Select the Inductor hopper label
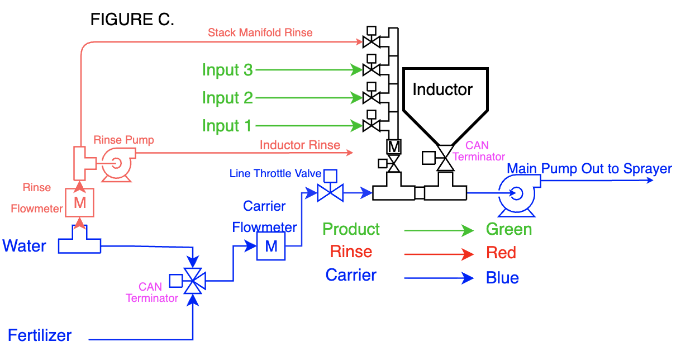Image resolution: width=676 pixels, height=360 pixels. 442,89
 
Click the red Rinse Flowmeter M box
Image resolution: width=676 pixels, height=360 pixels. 80,203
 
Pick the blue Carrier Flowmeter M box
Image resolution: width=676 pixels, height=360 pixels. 271,246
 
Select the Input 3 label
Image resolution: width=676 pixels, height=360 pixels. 227,70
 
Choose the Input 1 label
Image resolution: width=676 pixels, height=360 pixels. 227,126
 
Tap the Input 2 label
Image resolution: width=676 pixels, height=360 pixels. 227,98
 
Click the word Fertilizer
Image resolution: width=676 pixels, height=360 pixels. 40,335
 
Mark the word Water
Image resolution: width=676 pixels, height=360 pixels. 25,246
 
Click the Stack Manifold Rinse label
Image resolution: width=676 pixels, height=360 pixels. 260,32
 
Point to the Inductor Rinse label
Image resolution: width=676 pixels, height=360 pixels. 300,145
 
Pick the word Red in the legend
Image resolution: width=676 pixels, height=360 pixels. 501,253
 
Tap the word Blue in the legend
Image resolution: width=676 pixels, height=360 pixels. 502,278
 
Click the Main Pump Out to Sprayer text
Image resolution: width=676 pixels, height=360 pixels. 589,169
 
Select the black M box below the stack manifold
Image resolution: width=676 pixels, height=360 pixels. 394,147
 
